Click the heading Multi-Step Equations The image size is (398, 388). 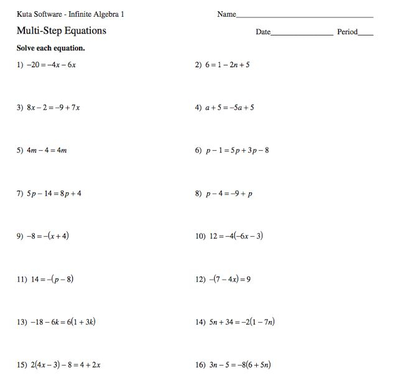click(62, 31)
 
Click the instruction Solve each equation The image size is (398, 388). click(51, 48)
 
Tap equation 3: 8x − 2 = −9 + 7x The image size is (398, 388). click(53, 108)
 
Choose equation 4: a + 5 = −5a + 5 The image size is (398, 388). click(229, 108)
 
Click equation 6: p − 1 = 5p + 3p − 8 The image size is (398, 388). click(237, 150)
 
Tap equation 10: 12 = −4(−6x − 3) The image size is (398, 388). click(236, 236)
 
